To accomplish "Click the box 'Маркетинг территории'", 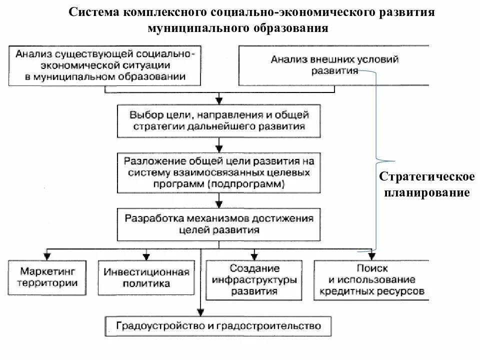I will [48, 277].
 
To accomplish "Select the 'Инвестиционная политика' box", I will [146, 277].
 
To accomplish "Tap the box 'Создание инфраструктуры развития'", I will [254, 279].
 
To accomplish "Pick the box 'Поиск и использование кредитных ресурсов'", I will [371, 279].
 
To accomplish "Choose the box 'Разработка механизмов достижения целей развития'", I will [219, 224].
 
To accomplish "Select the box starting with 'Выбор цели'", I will [219, 120].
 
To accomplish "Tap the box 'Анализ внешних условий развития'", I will [335, 65].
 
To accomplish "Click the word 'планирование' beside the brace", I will [426, 192].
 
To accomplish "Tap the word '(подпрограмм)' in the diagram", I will [255, 184].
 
